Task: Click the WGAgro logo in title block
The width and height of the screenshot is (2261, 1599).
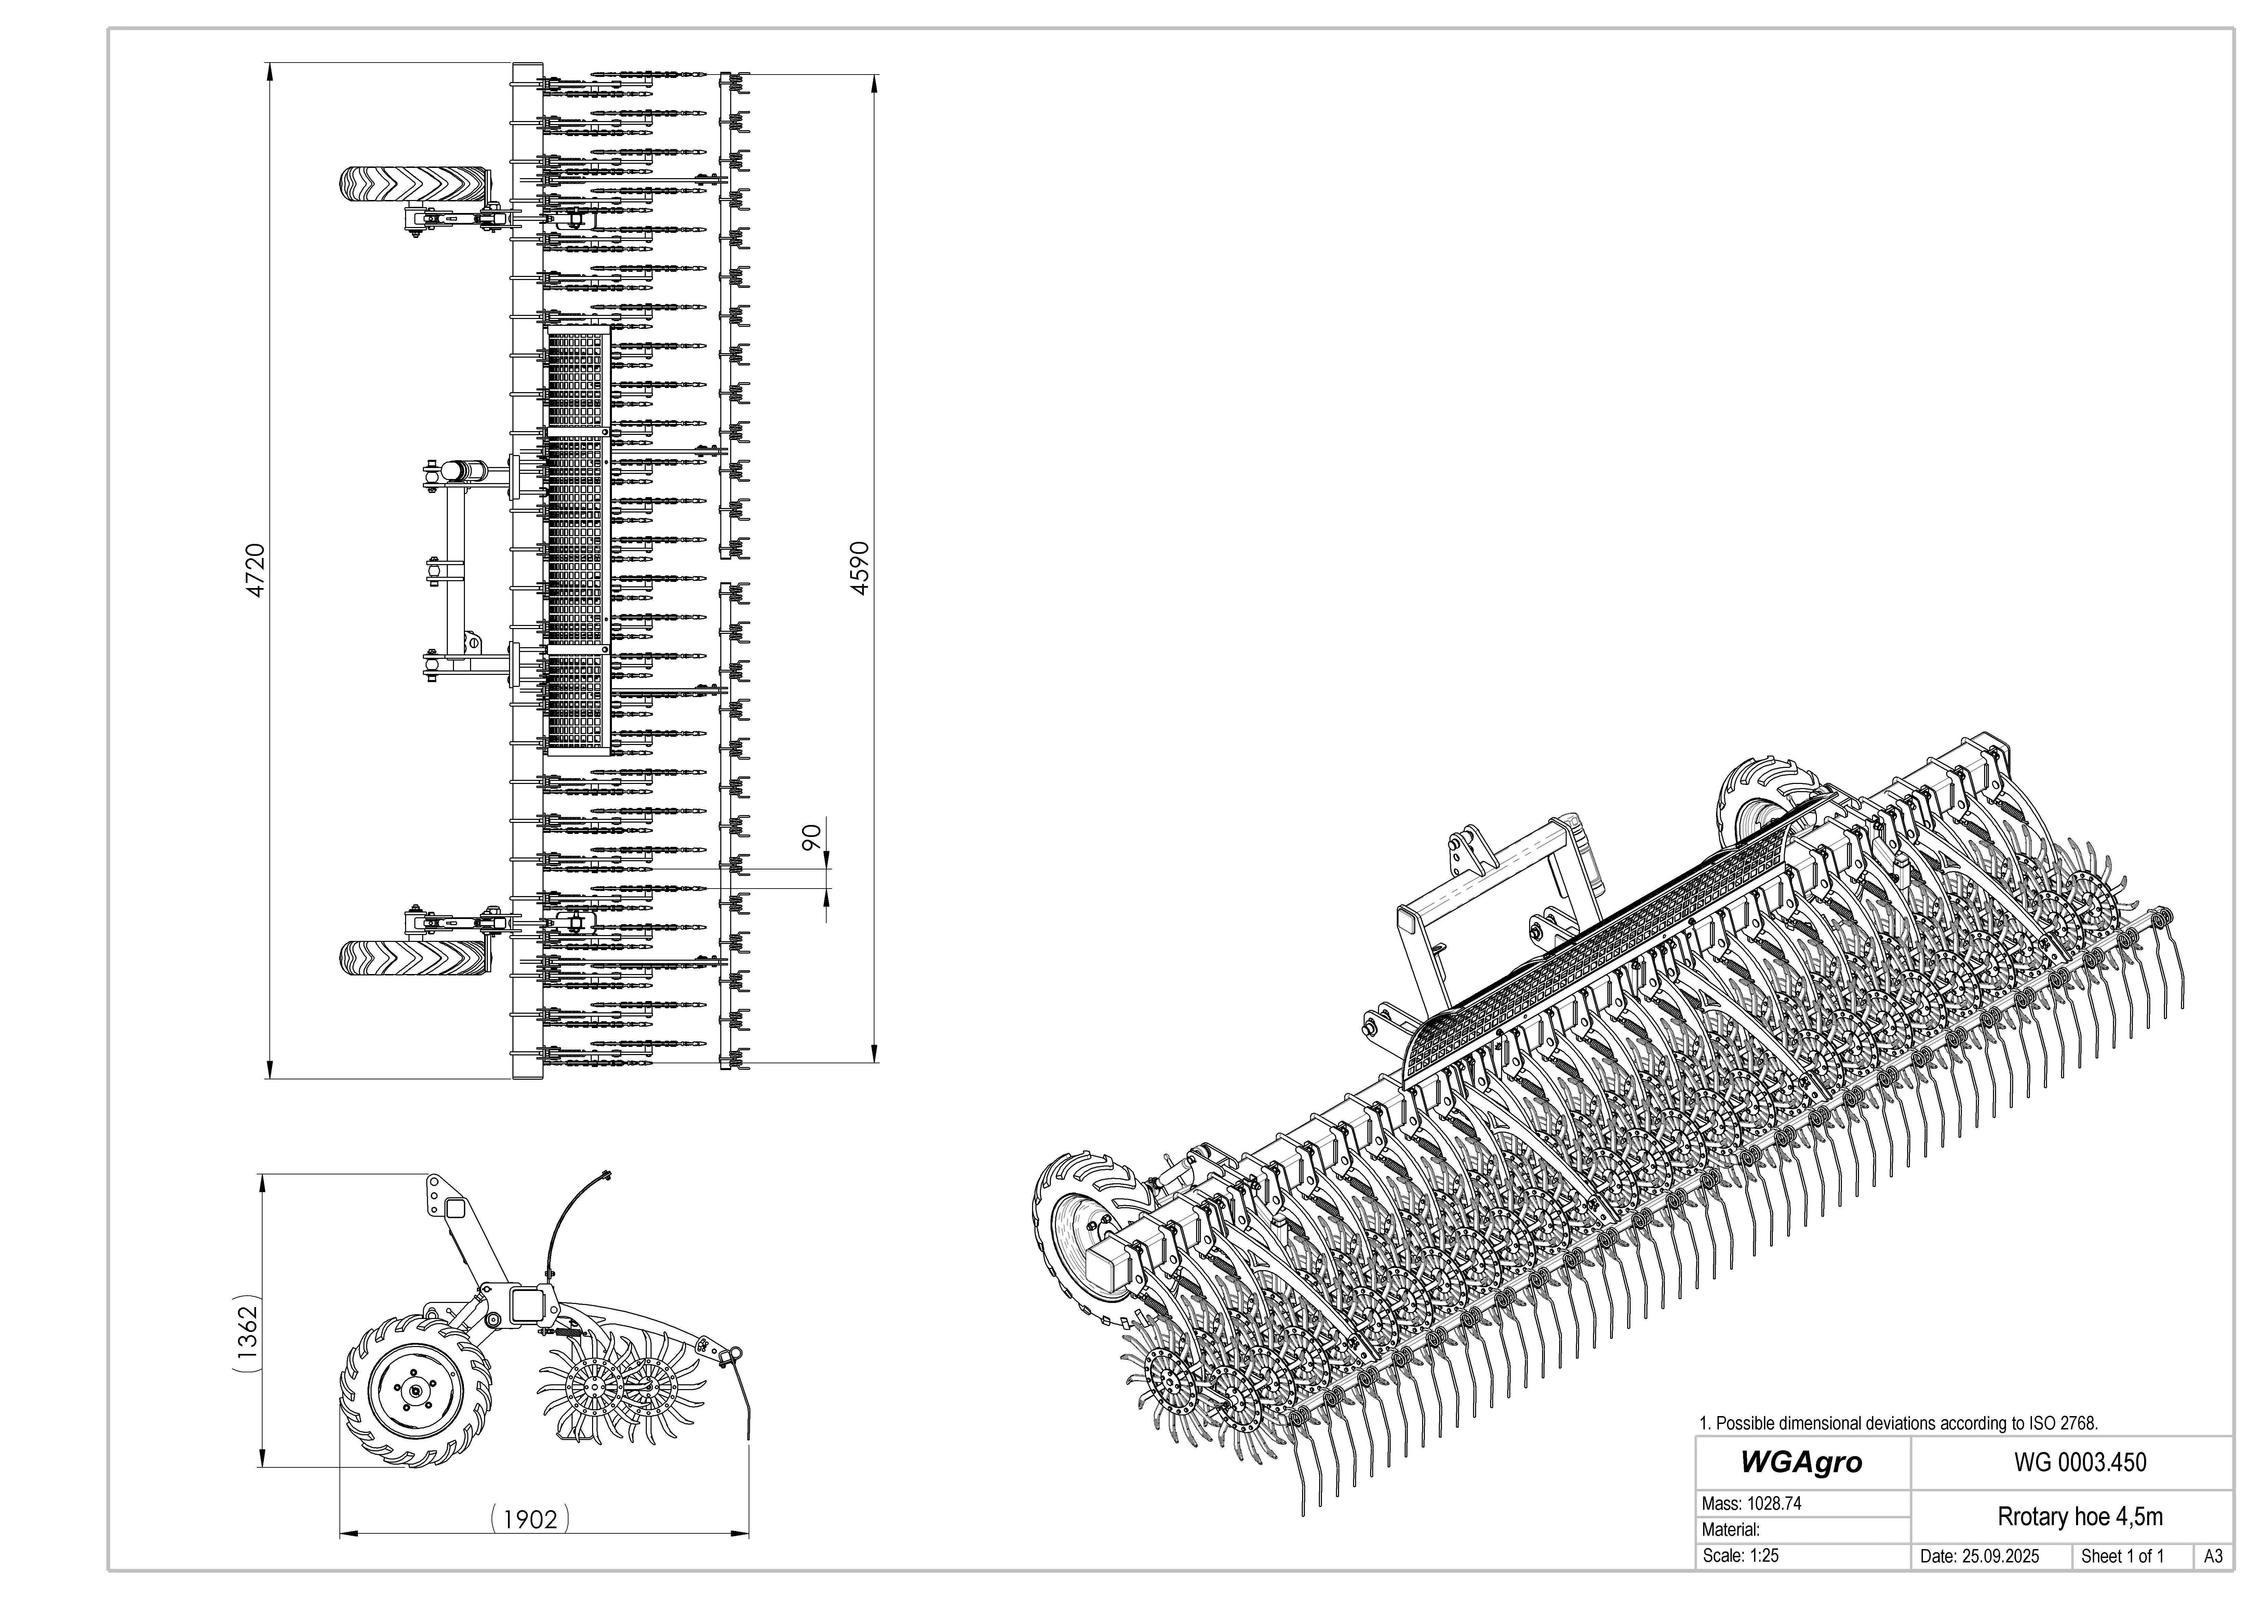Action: [x=1801, y=1462]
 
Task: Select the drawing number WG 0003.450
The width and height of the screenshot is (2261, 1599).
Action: [x=2080, y=1462]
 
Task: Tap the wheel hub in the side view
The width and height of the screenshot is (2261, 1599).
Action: [x=416, y=1390]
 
